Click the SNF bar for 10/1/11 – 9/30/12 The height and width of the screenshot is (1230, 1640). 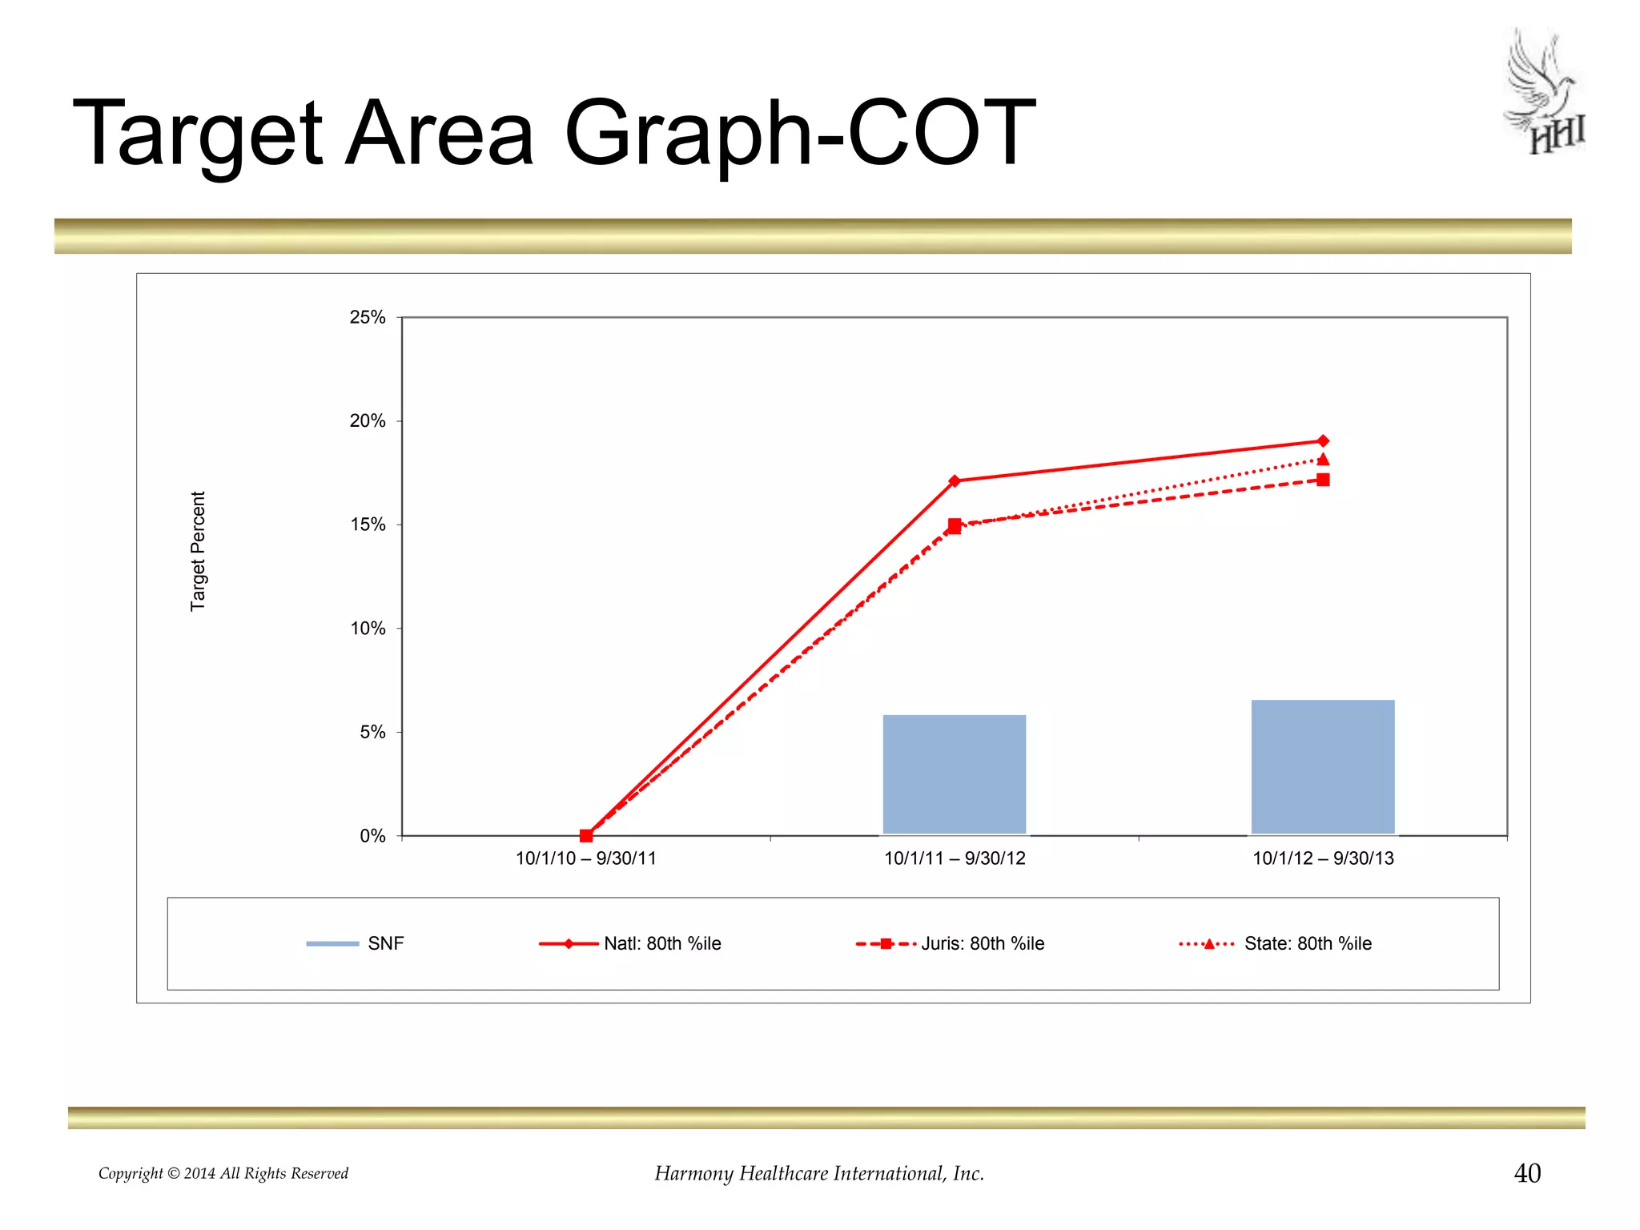tap(954, 774)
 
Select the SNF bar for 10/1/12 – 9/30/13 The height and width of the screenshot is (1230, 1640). tap(1322, 767)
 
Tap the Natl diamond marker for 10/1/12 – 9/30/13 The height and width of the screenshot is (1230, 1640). tap(1323, 441)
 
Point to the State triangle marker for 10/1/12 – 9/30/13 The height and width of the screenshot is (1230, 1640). tap(1323, 460)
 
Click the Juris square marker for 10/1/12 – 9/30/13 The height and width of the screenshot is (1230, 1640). tap(1323, 480)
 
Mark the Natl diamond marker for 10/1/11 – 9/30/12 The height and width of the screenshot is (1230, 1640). tap(955, 481)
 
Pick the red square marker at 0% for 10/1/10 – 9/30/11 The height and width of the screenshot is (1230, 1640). tap(586, 835)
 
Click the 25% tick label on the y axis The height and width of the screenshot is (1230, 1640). tap(368, 317)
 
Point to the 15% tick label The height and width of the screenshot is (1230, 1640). tap(368, 525)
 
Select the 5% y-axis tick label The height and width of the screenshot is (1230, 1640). tap(372, 732)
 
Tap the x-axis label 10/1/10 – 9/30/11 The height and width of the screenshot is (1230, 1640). tap(585, 858)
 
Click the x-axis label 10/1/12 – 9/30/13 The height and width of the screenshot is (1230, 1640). tap(1323, 858)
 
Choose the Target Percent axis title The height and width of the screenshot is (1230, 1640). tap(198, 551)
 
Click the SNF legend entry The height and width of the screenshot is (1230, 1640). tap(385, 943)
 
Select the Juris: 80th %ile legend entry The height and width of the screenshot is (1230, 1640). tap(982, 943)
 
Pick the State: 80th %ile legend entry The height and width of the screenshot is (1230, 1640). tap(1307, 943)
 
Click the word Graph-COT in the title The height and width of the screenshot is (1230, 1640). tap(799, 133)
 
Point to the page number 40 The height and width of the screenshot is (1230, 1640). tap(1527, 1173)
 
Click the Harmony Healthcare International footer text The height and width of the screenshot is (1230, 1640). tap(819, 1173)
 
